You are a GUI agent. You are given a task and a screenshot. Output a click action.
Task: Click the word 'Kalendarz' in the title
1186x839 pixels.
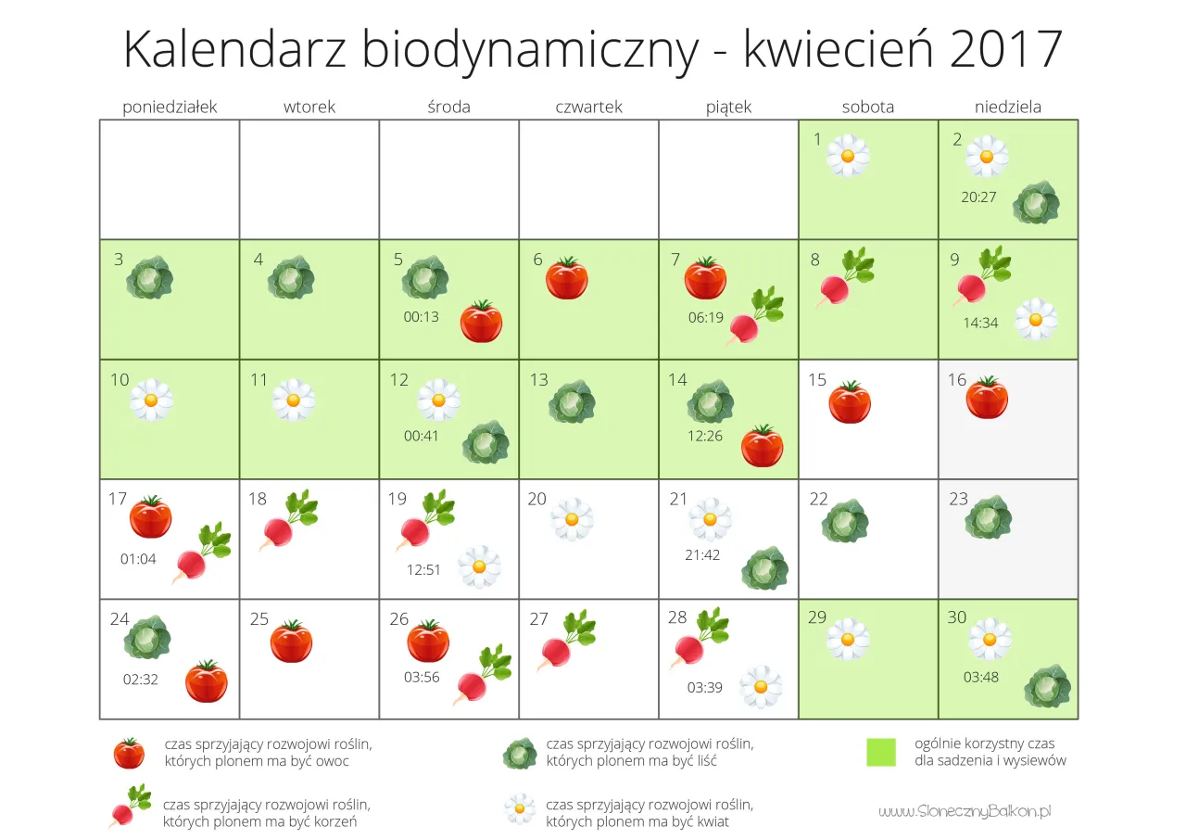click(x=235, y=50)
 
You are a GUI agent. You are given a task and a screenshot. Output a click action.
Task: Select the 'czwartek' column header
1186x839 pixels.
click(x=588, y=107)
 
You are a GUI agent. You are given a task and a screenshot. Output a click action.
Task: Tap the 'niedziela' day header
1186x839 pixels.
click(x=1007, y=107)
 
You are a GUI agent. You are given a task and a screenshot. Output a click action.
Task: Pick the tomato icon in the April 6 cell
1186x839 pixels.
click(x=566, y=278)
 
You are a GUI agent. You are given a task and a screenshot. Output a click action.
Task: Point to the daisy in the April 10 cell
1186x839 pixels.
click(x=151, y=400)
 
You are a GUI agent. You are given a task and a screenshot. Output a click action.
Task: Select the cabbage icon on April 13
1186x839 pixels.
click(x=571, y=402)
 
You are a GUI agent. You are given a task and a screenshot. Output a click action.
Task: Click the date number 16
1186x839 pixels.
click(x=957, y=380)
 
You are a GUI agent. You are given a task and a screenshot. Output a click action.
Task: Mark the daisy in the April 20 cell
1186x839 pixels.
click(x=572, y=519)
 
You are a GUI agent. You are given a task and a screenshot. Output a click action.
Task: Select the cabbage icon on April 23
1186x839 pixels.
click(x=987, y=518)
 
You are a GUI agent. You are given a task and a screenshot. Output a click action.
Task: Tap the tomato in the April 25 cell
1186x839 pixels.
click(x=291, y=641)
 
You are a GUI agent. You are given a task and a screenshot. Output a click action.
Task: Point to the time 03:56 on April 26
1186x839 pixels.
click(x=422, y=677)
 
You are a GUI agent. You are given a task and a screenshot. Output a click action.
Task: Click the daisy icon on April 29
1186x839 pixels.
click(x=848, y=639)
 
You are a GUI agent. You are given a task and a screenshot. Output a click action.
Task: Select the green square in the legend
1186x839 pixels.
click(x=881, y=752)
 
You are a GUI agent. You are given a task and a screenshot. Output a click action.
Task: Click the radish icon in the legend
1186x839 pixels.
click(x=130, y=806)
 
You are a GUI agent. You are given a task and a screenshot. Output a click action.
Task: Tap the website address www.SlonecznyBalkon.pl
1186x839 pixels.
click(x=965, y=811)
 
